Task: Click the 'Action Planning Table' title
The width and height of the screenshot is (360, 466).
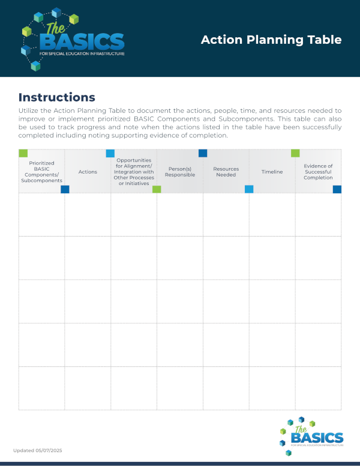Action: point(271,40)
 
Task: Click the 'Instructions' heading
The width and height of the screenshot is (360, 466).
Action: point(57,97)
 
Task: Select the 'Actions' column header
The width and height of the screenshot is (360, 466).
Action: point(88,172)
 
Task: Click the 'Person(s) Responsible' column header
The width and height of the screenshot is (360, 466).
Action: point(180,172)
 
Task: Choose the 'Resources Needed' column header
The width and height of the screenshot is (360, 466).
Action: point(226,172)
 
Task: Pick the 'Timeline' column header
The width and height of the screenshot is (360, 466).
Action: point(272,172)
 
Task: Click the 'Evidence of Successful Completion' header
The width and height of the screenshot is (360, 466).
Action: point(318,172)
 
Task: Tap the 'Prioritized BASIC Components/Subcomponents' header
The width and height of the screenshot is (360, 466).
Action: point(41,172)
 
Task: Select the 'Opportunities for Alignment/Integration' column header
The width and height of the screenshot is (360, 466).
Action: point(134,172)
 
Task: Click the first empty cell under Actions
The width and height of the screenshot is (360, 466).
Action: point(88,214)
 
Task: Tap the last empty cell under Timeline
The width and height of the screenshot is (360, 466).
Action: point(272,388)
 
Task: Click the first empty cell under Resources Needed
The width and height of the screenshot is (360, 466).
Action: point(226,214)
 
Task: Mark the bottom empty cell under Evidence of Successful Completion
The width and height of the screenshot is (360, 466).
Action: point(318,388)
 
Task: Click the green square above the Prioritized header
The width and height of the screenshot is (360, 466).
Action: point(23,153)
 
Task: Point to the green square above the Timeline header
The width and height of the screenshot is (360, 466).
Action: point(295,153)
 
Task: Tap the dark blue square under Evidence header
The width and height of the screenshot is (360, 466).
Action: point(337,189)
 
